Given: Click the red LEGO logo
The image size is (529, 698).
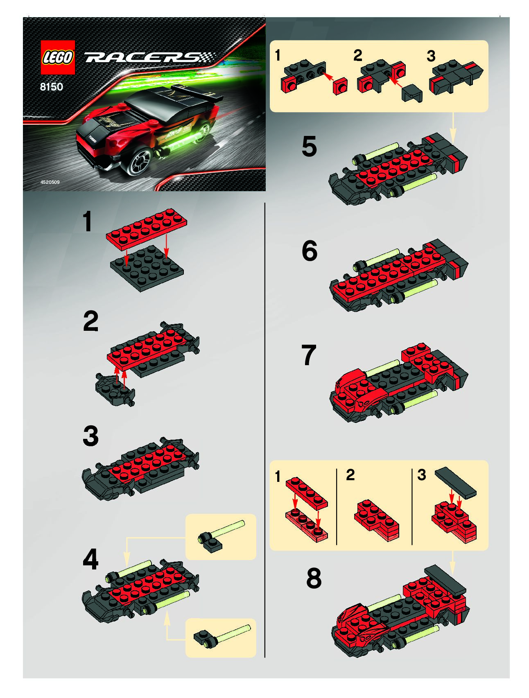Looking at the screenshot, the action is [58, 57].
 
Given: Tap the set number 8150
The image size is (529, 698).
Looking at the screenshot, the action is [52, 87].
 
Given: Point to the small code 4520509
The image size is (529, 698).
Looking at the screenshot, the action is [50, 182].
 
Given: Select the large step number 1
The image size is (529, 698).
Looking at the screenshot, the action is [87, 222].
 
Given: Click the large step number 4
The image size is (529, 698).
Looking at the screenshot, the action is [90, 559].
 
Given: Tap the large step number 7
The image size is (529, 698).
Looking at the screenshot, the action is [309, 355].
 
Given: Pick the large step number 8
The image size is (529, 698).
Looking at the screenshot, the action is [314, 578].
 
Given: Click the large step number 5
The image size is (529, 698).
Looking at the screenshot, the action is [309, 147].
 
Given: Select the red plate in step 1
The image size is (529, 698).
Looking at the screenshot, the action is [147, 229].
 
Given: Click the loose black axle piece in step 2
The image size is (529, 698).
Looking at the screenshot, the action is [115, 390].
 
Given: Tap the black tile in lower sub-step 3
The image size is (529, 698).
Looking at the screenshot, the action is [456, 483].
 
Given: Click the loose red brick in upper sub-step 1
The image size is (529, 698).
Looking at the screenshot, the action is [340, 86].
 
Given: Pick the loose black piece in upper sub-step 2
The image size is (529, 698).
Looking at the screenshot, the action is [412, 93].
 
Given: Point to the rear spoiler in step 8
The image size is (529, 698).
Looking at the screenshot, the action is [445, 578].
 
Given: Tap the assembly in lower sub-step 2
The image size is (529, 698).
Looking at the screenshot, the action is [376, 520].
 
